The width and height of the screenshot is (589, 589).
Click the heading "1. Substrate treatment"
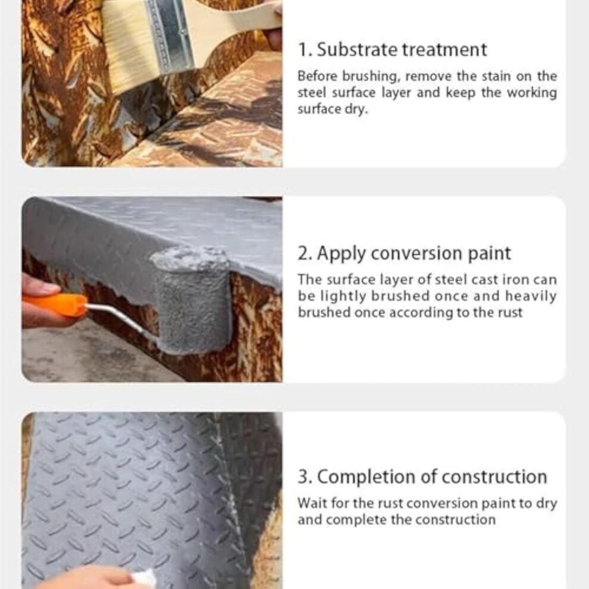point(392,49)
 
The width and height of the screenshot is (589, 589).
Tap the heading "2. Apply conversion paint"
point(404,253)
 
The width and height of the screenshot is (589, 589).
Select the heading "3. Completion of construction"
point(422,477)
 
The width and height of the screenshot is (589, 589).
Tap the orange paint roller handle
point(55,303)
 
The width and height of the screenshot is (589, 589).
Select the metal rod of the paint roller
point(120,319)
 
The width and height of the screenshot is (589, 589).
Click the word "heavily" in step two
point(531,296)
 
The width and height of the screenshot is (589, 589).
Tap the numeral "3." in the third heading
point(305,477)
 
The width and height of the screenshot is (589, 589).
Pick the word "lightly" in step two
point(343,297)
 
